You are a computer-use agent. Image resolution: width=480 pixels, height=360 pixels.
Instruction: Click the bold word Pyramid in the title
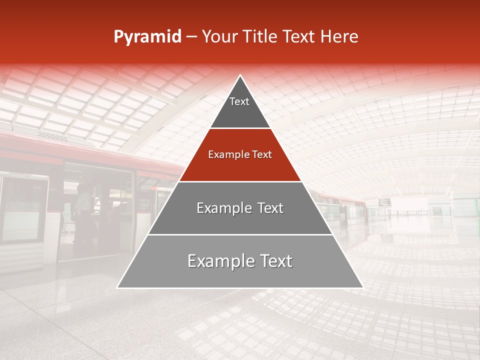click(x=147, y=37)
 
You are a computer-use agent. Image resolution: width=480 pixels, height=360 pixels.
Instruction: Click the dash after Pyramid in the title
click(x=191, y=37)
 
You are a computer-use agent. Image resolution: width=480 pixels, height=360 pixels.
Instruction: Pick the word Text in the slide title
click(x=299, y=37)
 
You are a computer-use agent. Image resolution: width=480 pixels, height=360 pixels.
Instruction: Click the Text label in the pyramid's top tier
click(x=239, y=101)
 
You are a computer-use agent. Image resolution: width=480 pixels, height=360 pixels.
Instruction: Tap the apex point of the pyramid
click(x=240, y=76)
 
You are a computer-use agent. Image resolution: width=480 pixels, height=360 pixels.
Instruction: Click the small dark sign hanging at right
click(x=384, y=202)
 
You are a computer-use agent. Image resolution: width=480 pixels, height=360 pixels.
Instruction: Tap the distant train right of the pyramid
click(x=345, y=207)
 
